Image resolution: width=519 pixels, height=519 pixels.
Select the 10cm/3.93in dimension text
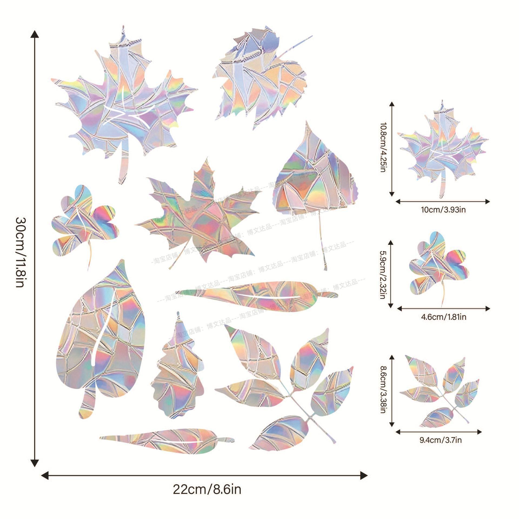(x=443, y=209)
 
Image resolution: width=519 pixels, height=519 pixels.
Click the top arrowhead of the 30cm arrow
(x=35, y=34)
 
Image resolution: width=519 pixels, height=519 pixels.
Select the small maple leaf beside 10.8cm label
(x=443, y=146)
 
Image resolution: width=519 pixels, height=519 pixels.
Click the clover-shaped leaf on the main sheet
(x=84, y=219)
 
